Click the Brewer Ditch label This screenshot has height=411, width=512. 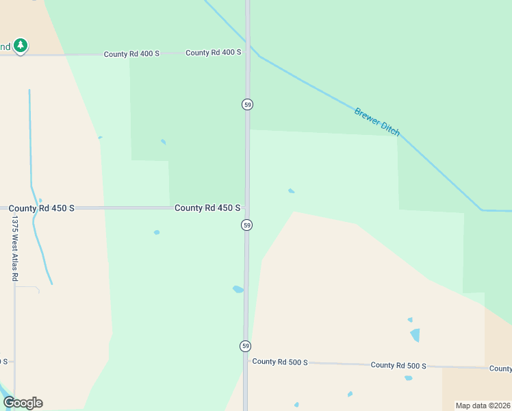tap(377, 122)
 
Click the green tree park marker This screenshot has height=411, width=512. tap(21, 46)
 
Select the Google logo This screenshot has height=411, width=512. tap(23, 403)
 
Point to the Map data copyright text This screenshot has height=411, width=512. tap(483, 406)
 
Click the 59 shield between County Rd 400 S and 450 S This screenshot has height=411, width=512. tap(247, 104)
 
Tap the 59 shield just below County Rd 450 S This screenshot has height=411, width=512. tap(246, 225)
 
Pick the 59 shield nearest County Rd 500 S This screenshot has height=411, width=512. tap(245, 346)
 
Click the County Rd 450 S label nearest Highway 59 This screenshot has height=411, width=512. tap(207, 208)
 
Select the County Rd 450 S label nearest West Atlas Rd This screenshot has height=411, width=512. tap(42, 208)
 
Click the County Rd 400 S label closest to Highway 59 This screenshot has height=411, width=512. tap(214, 53)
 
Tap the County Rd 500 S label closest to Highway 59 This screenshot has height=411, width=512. tap(280, 362)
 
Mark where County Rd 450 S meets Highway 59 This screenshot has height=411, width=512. tap(247, 208)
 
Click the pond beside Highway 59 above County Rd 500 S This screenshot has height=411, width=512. tap(238, 289)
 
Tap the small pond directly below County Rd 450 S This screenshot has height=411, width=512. tap(157, 232)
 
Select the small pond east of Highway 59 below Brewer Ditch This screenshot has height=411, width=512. tap(292, 191)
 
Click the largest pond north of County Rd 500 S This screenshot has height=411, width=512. tap(415, 335)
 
